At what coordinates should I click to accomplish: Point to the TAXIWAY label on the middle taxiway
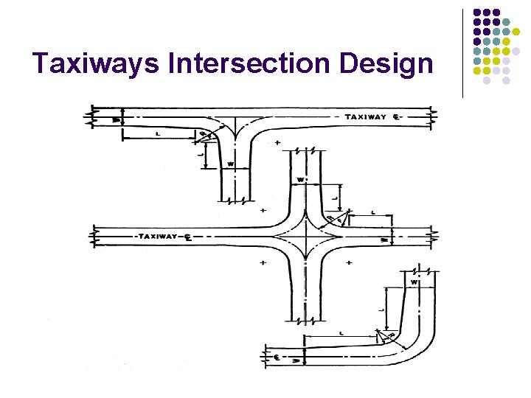pos(156,237)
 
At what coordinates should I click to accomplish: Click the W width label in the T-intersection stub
pos(231,164)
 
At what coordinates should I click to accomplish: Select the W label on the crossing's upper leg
pos(300,180)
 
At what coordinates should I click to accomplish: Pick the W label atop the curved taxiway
pos(414,282)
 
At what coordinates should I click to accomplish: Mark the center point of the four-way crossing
pos(304,237)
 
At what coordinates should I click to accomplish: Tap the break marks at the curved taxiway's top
pos(425,270)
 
